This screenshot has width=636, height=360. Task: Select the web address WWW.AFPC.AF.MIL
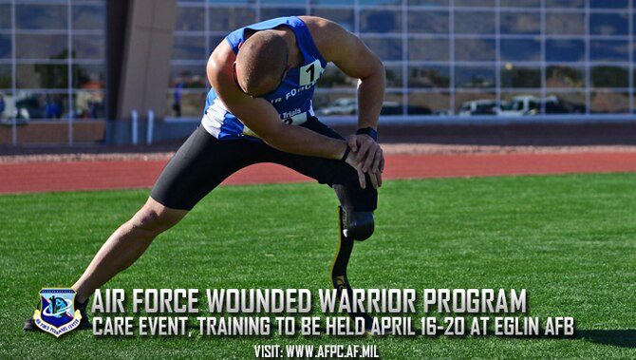(x=330, y=351)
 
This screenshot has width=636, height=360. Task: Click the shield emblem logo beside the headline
(x=57, y=312)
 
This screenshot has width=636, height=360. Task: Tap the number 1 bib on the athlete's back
(x=310, y=73)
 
